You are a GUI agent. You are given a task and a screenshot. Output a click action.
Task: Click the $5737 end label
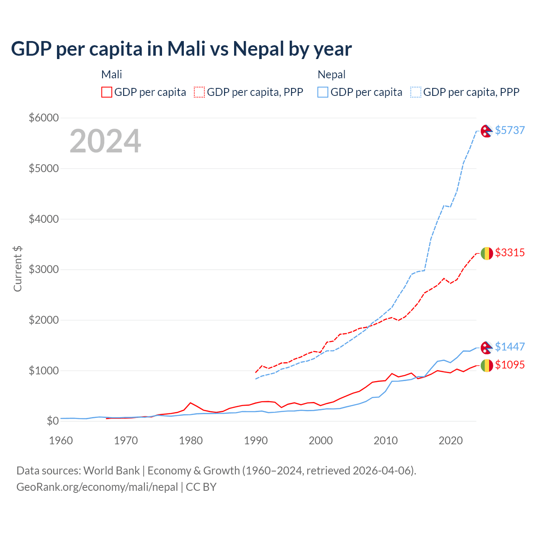point(510,130)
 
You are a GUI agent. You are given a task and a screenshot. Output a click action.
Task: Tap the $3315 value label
point(510,253)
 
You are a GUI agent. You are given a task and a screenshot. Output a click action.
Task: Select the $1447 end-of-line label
point(510,347)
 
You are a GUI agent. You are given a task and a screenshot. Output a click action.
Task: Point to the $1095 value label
point(510,365)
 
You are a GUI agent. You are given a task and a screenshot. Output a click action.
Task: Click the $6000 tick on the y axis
point(44,118)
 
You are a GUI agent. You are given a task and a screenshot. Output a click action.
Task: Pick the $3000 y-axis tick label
point(44,269)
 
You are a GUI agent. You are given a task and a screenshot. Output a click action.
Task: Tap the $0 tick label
point(52,420)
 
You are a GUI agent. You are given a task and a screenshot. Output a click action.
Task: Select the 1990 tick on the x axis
point(256,441)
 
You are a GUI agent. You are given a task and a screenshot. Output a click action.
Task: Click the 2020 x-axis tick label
point(451,441)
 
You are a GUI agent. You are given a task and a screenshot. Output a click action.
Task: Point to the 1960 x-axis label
point(61,441)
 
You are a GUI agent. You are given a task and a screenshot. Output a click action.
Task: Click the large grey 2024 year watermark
point(105,141)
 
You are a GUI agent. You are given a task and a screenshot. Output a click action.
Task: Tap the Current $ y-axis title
point(18,269)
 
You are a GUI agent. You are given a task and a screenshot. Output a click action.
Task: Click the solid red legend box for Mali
point(107,92)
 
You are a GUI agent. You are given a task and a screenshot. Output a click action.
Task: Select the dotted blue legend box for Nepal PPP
point(416,92)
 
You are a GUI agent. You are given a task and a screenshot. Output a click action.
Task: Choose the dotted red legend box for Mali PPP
point(200,92)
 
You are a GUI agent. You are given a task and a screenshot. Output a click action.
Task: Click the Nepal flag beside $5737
point(486,131)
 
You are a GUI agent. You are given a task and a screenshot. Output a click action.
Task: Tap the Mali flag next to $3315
point(486,253)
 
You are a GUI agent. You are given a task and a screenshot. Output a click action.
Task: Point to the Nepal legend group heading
point(332,75)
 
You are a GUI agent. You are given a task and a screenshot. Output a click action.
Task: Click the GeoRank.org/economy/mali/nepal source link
point(97,487)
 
